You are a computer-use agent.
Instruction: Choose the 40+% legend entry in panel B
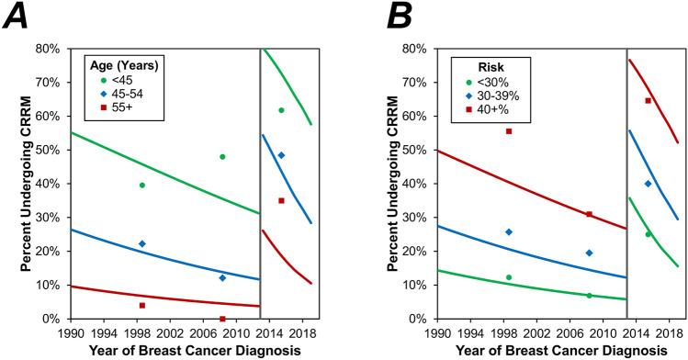tap(478, 110)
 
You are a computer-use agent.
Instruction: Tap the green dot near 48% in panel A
tap(222, 157)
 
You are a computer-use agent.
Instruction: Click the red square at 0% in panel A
tap(222, 319)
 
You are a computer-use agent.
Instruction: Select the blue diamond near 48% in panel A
tap(281, 155)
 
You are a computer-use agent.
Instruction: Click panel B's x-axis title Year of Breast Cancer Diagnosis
tap(543, 350)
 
